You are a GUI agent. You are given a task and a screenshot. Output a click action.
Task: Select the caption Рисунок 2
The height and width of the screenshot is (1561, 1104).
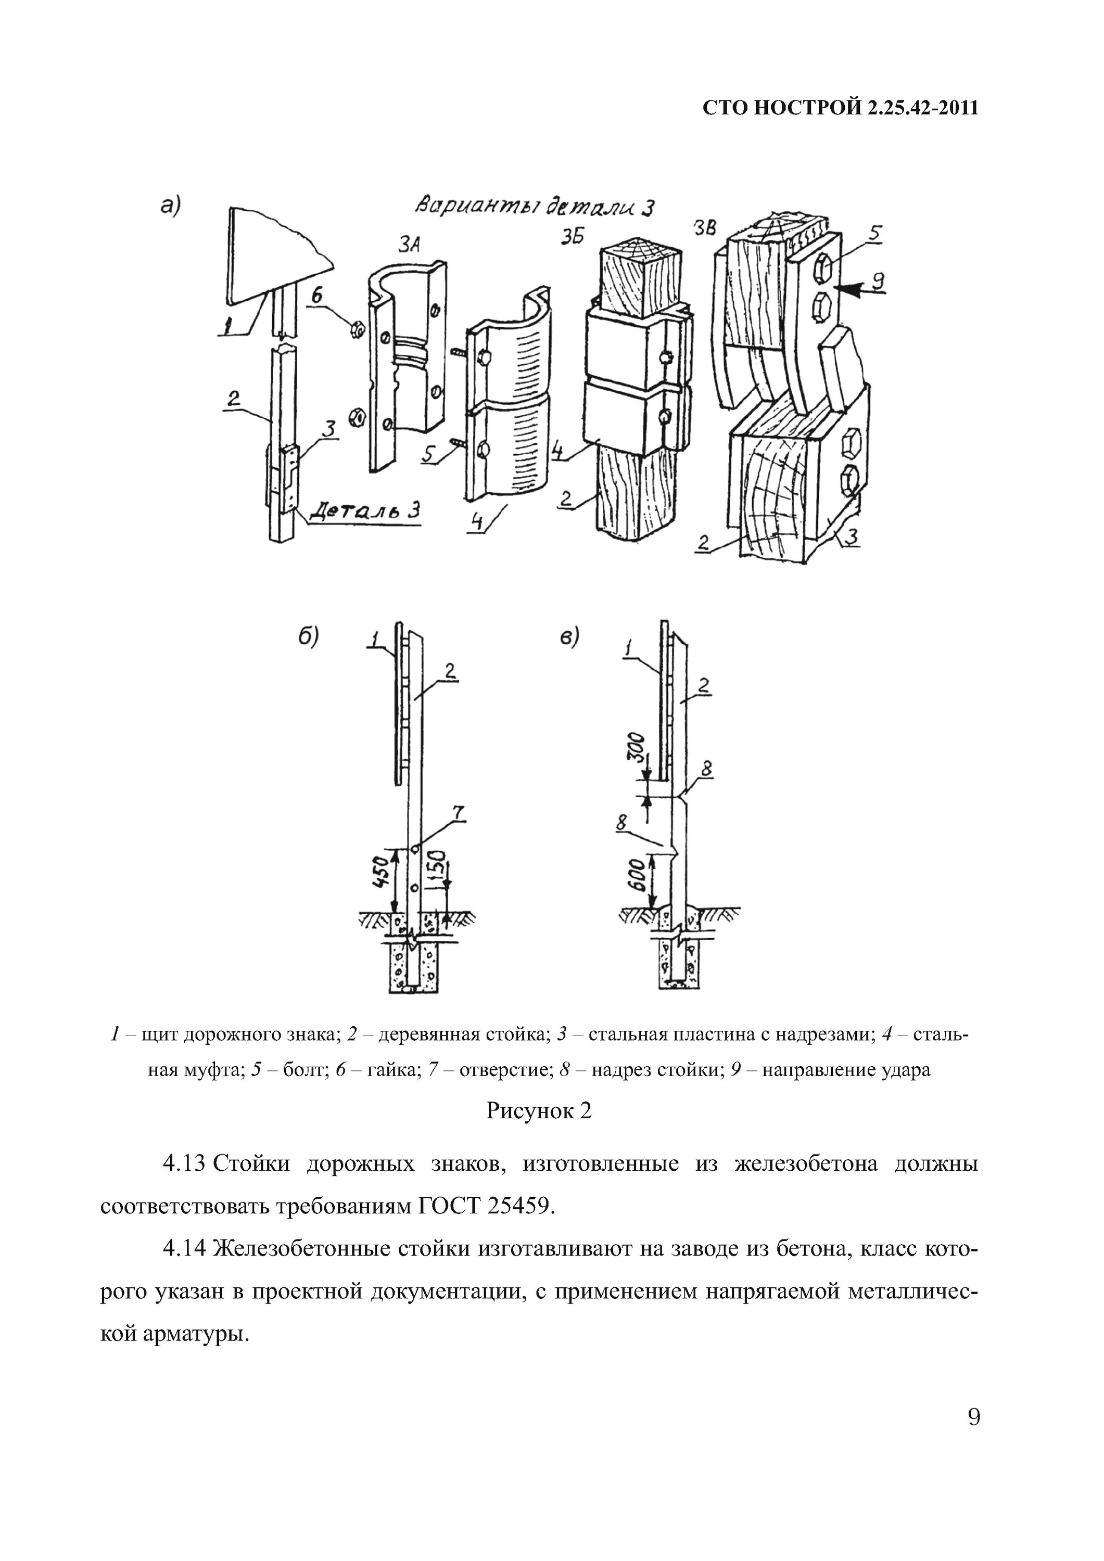click(x=539, y=1110)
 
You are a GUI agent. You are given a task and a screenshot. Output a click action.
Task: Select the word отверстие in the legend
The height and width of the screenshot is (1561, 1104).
click(x=505, y=1069)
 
